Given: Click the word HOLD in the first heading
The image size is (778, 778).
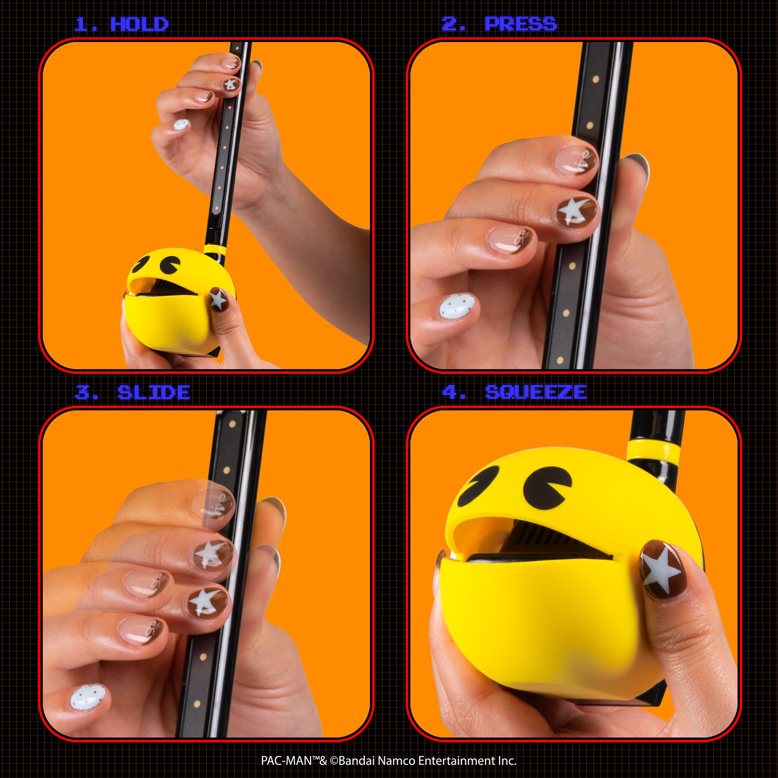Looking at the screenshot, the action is [139, 25].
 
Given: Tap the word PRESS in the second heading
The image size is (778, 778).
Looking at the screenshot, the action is [521, 24].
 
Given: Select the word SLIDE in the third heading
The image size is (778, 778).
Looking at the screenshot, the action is [154, 393].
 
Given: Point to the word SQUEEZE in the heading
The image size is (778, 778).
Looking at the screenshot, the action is [536, 392].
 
